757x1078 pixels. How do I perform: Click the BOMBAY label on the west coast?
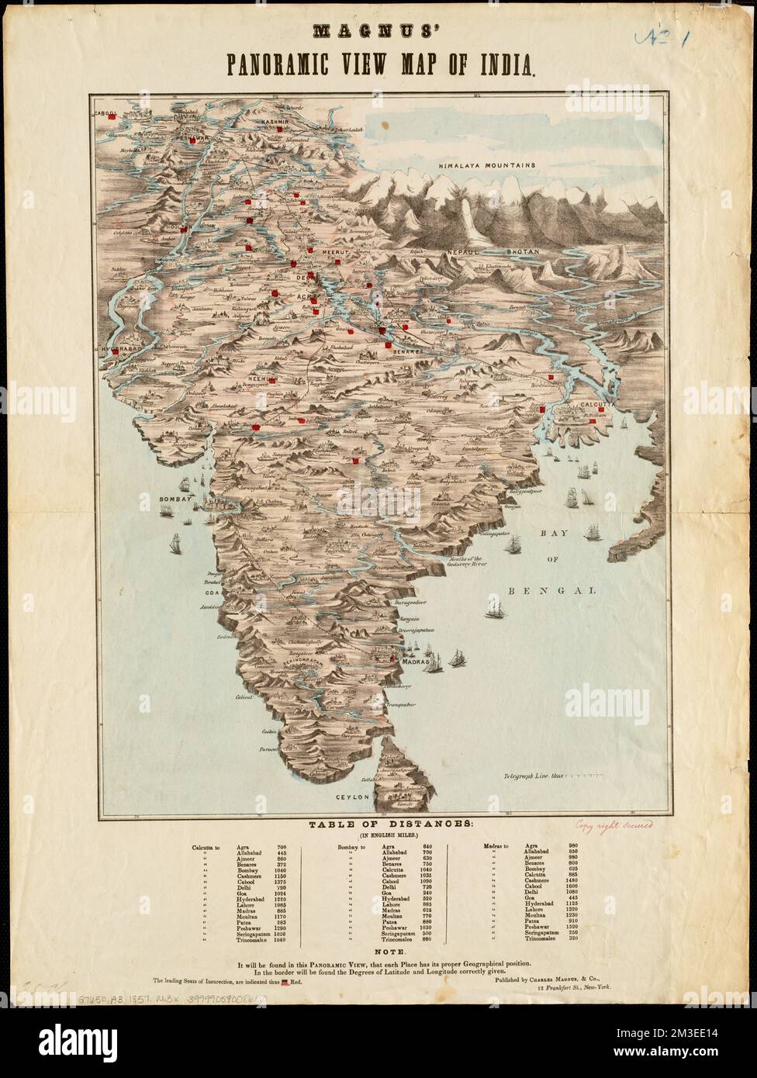175,499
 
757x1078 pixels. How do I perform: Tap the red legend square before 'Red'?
285,983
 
